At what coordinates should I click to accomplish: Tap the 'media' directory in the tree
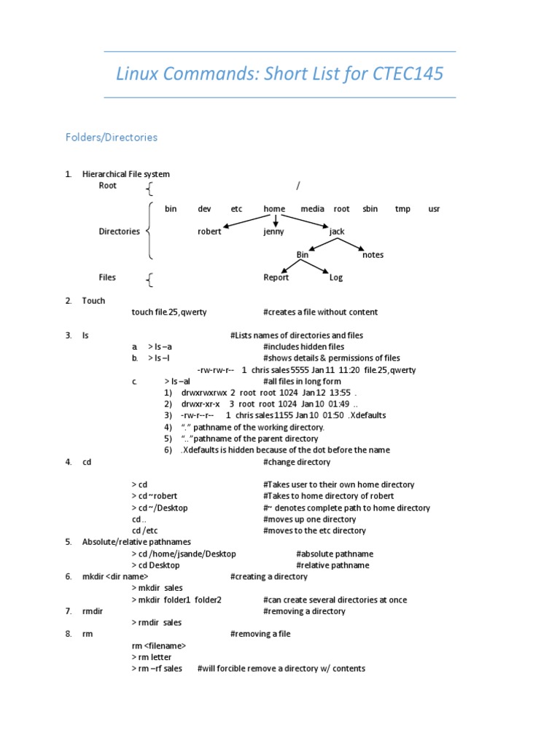click(x=312, y=209)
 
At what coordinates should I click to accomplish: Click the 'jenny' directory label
click(x=274, y=232)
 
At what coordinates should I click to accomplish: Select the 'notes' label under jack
click(x=373, y=255)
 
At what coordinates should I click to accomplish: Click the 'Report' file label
click(x=276, y=278)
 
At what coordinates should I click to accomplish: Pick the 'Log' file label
click(x=336, y=278)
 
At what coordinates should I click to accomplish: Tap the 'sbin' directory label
click(x=370, y=209)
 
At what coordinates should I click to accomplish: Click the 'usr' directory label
click(x=434, y=209)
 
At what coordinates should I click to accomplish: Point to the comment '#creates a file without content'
click(x=320, y=313)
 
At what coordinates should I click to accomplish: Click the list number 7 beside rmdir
click(x=68, y=611)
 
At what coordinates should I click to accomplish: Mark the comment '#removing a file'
click(x=260, y=634)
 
